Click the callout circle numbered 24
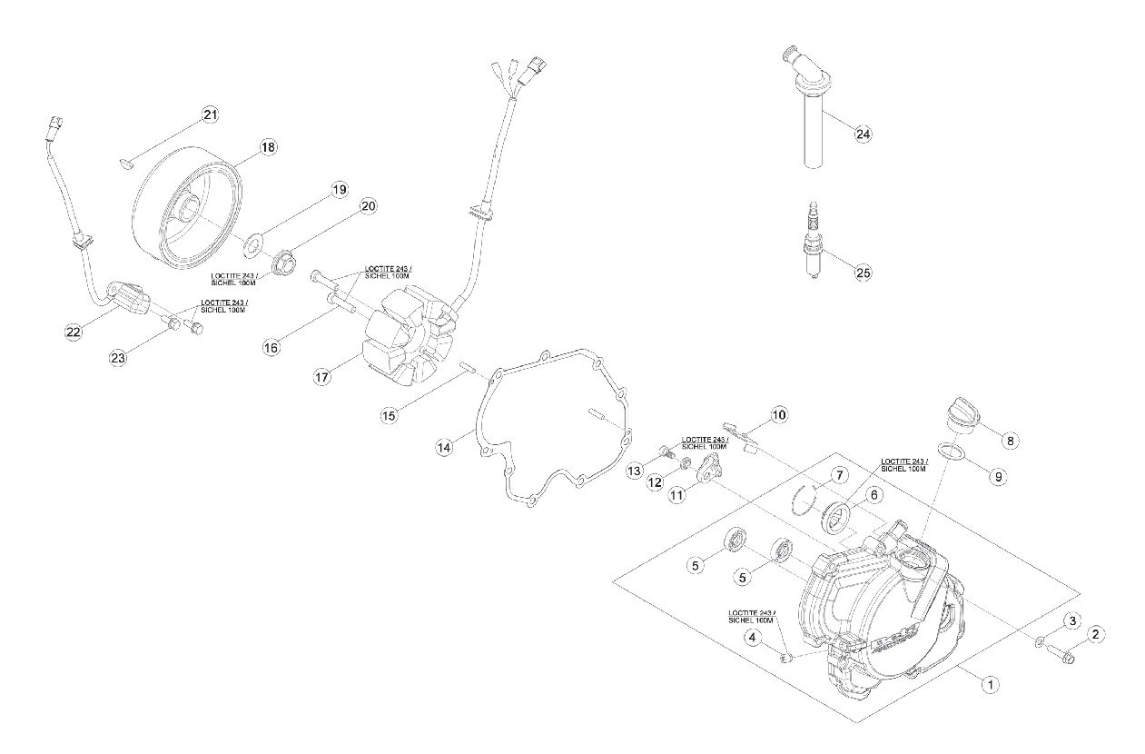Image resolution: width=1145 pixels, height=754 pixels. [863, 134]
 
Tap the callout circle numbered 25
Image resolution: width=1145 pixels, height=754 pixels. [863, 273]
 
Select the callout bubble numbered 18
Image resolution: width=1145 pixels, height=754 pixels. [268, 147]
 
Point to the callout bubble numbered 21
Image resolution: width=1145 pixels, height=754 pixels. [210, 115]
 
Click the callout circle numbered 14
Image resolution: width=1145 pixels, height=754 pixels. [444, 448]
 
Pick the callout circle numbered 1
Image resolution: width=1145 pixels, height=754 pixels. [990, 684]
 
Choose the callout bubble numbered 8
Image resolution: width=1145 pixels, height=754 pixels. [1010, 441]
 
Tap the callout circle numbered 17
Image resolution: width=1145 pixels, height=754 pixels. [322, 378]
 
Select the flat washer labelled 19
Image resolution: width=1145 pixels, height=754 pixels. [253, 243]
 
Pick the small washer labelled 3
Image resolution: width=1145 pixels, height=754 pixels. [1039, 641]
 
